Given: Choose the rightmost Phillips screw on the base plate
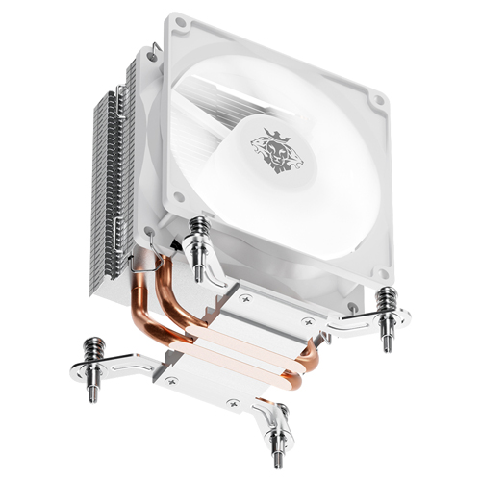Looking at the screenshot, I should (308, 321).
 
